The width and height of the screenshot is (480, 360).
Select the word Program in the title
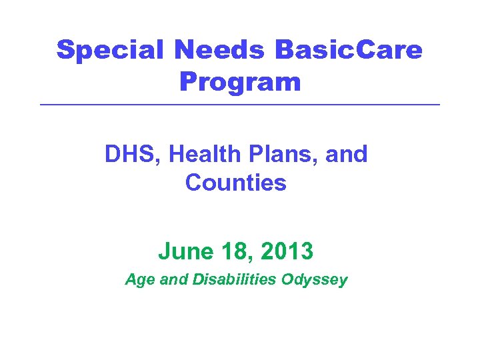(x=240, y=83)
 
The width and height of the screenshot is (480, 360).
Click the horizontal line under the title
(x=240, y=105)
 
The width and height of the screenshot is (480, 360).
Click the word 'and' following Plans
(x=347, y=154)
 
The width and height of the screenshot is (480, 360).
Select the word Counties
(x=236, y=183)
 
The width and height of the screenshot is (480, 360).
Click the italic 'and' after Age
(x=175, y=280)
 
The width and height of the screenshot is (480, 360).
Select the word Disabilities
(x=235, y=280)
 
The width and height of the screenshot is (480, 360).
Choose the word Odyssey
(x=314, y=280)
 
